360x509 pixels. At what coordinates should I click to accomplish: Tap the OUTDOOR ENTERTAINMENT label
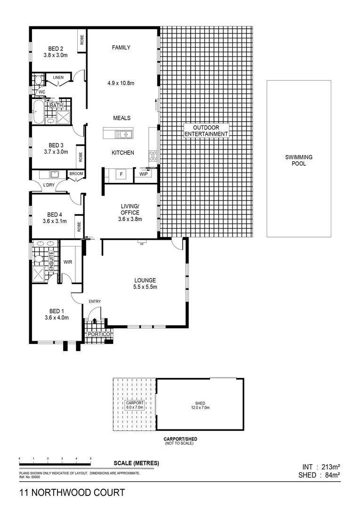206,131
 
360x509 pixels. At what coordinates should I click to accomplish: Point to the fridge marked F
121,174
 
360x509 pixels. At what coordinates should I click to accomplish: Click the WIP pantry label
143,174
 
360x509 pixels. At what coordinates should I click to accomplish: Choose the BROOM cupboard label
76,174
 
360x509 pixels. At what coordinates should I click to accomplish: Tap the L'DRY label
49,185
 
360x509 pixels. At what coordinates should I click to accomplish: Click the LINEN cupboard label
58,77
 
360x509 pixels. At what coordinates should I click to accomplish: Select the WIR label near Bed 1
67,262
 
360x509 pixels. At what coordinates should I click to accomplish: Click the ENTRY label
95,302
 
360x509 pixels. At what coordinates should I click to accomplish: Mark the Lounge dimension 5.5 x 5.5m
145,287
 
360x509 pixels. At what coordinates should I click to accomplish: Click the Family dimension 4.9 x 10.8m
121,83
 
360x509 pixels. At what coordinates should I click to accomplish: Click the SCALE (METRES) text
137,463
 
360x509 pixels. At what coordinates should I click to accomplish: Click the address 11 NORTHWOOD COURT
72,493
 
